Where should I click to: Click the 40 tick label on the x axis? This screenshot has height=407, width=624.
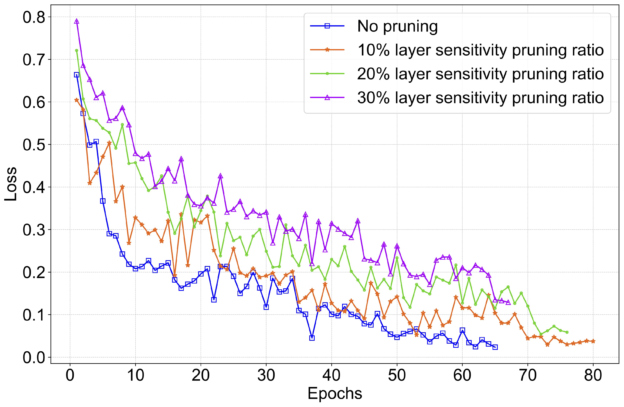coord(331,375)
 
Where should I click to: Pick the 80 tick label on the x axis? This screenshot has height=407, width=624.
coord(593,375)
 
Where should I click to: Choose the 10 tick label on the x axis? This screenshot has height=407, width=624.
coord(135,375)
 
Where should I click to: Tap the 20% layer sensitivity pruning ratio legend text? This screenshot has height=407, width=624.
coord(480,74)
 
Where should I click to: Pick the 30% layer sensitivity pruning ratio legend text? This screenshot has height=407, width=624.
coord(480,98)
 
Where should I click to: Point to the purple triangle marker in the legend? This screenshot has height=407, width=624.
coord(327,98)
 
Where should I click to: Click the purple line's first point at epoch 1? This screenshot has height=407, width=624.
coord(77,21)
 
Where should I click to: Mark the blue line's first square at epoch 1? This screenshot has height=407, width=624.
coord(77,75)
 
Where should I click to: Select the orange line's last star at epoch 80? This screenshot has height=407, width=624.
coord(593,341)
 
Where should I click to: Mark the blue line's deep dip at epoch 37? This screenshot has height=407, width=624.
coord(312,338)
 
